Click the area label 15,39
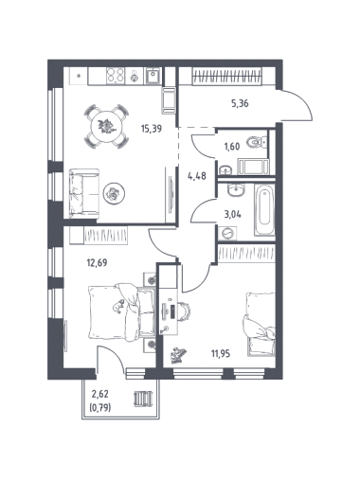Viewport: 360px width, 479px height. coord(151,129)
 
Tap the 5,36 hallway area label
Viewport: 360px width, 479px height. coord(240,103)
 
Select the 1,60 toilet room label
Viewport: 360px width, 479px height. coord(232,147)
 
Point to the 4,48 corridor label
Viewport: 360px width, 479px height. coord(197,176)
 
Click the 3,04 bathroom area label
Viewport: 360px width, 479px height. coord(232,215)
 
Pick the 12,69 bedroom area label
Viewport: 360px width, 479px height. coord(97,262)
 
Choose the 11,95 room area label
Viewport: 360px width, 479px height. coord(221,354)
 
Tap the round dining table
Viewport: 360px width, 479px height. coord(106,126)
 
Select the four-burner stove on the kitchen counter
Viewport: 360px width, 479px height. coord(116,76)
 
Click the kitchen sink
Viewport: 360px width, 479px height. coord(153,76)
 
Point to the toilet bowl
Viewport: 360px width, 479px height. coord(258,142)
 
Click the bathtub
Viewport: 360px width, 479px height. coord(264,209)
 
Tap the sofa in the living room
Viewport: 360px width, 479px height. coord(84,193)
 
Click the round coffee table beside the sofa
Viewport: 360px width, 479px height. coord(114,193)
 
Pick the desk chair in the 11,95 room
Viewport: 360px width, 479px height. coord(184,311)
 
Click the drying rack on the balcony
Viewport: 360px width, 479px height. coord(143,399)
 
